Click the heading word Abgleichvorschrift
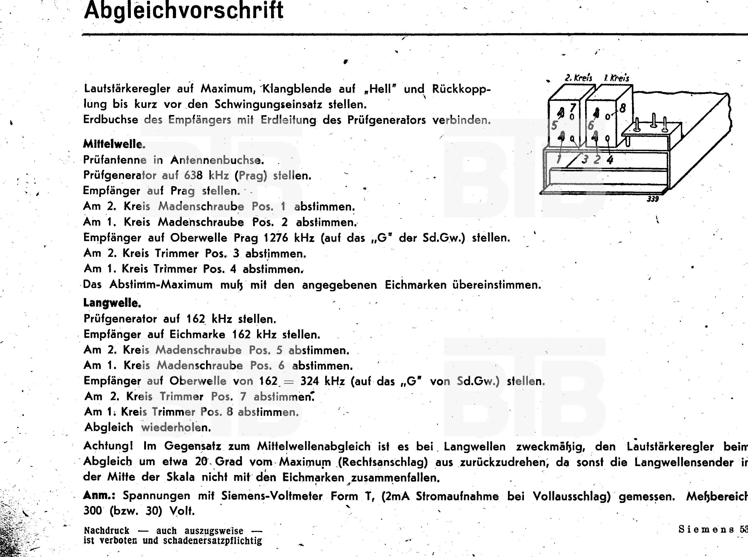pos(184,10)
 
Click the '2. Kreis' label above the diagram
pos(578,78)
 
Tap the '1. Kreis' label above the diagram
pos(617,78)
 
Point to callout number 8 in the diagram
pos(622,108)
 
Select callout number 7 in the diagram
pos(573,108)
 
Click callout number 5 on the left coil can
pos(554,126)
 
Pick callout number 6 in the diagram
pos(590,126)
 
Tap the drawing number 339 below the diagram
pos(653,199)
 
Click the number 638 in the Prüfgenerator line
pos(193,175)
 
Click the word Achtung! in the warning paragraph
pos(108,446)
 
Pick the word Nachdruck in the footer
pos(107,530)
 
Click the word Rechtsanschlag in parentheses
pos(383,462)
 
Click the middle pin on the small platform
pos(653,121)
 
